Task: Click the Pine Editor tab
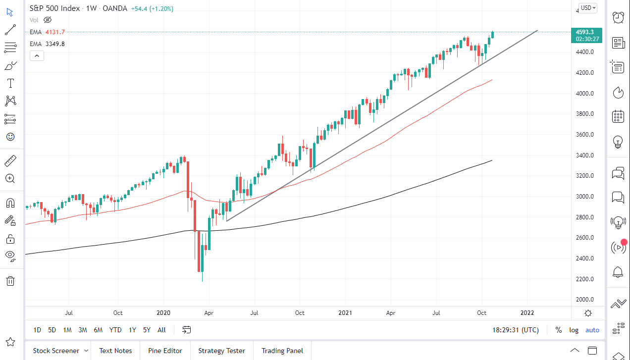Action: pos(165,351)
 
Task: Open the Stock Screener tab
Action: pos(56,351)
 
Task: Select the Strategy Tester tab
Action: pos(221,351)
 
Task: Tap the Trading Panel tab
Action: pos(282,351)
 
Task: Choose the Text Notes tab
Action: pos(115,351)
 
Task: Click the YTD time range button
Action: pos(115,330)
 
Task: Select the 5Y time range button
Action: pos(147,330)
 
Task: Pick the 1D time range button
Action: pos(37,330)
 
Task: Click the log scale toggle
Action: pos(574,330)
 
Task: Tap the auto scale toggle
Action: pos(592,330)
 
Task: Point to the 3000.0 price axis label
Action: pos(585,197)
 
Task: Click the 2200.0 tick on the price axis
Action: pos(585,279)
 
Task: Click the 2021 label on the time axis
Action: pos(345,313)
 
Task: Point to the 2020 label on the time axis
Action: pos(163,313)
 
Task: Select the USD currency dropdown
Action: pos(588,8)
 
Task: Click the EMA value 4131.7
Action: pos(55,32)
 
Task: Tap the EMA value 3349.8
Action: pos(55,44)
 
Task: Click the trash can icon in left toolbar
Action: pos(10,281)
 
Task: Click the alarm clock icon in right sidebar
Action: pos(618,17)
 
